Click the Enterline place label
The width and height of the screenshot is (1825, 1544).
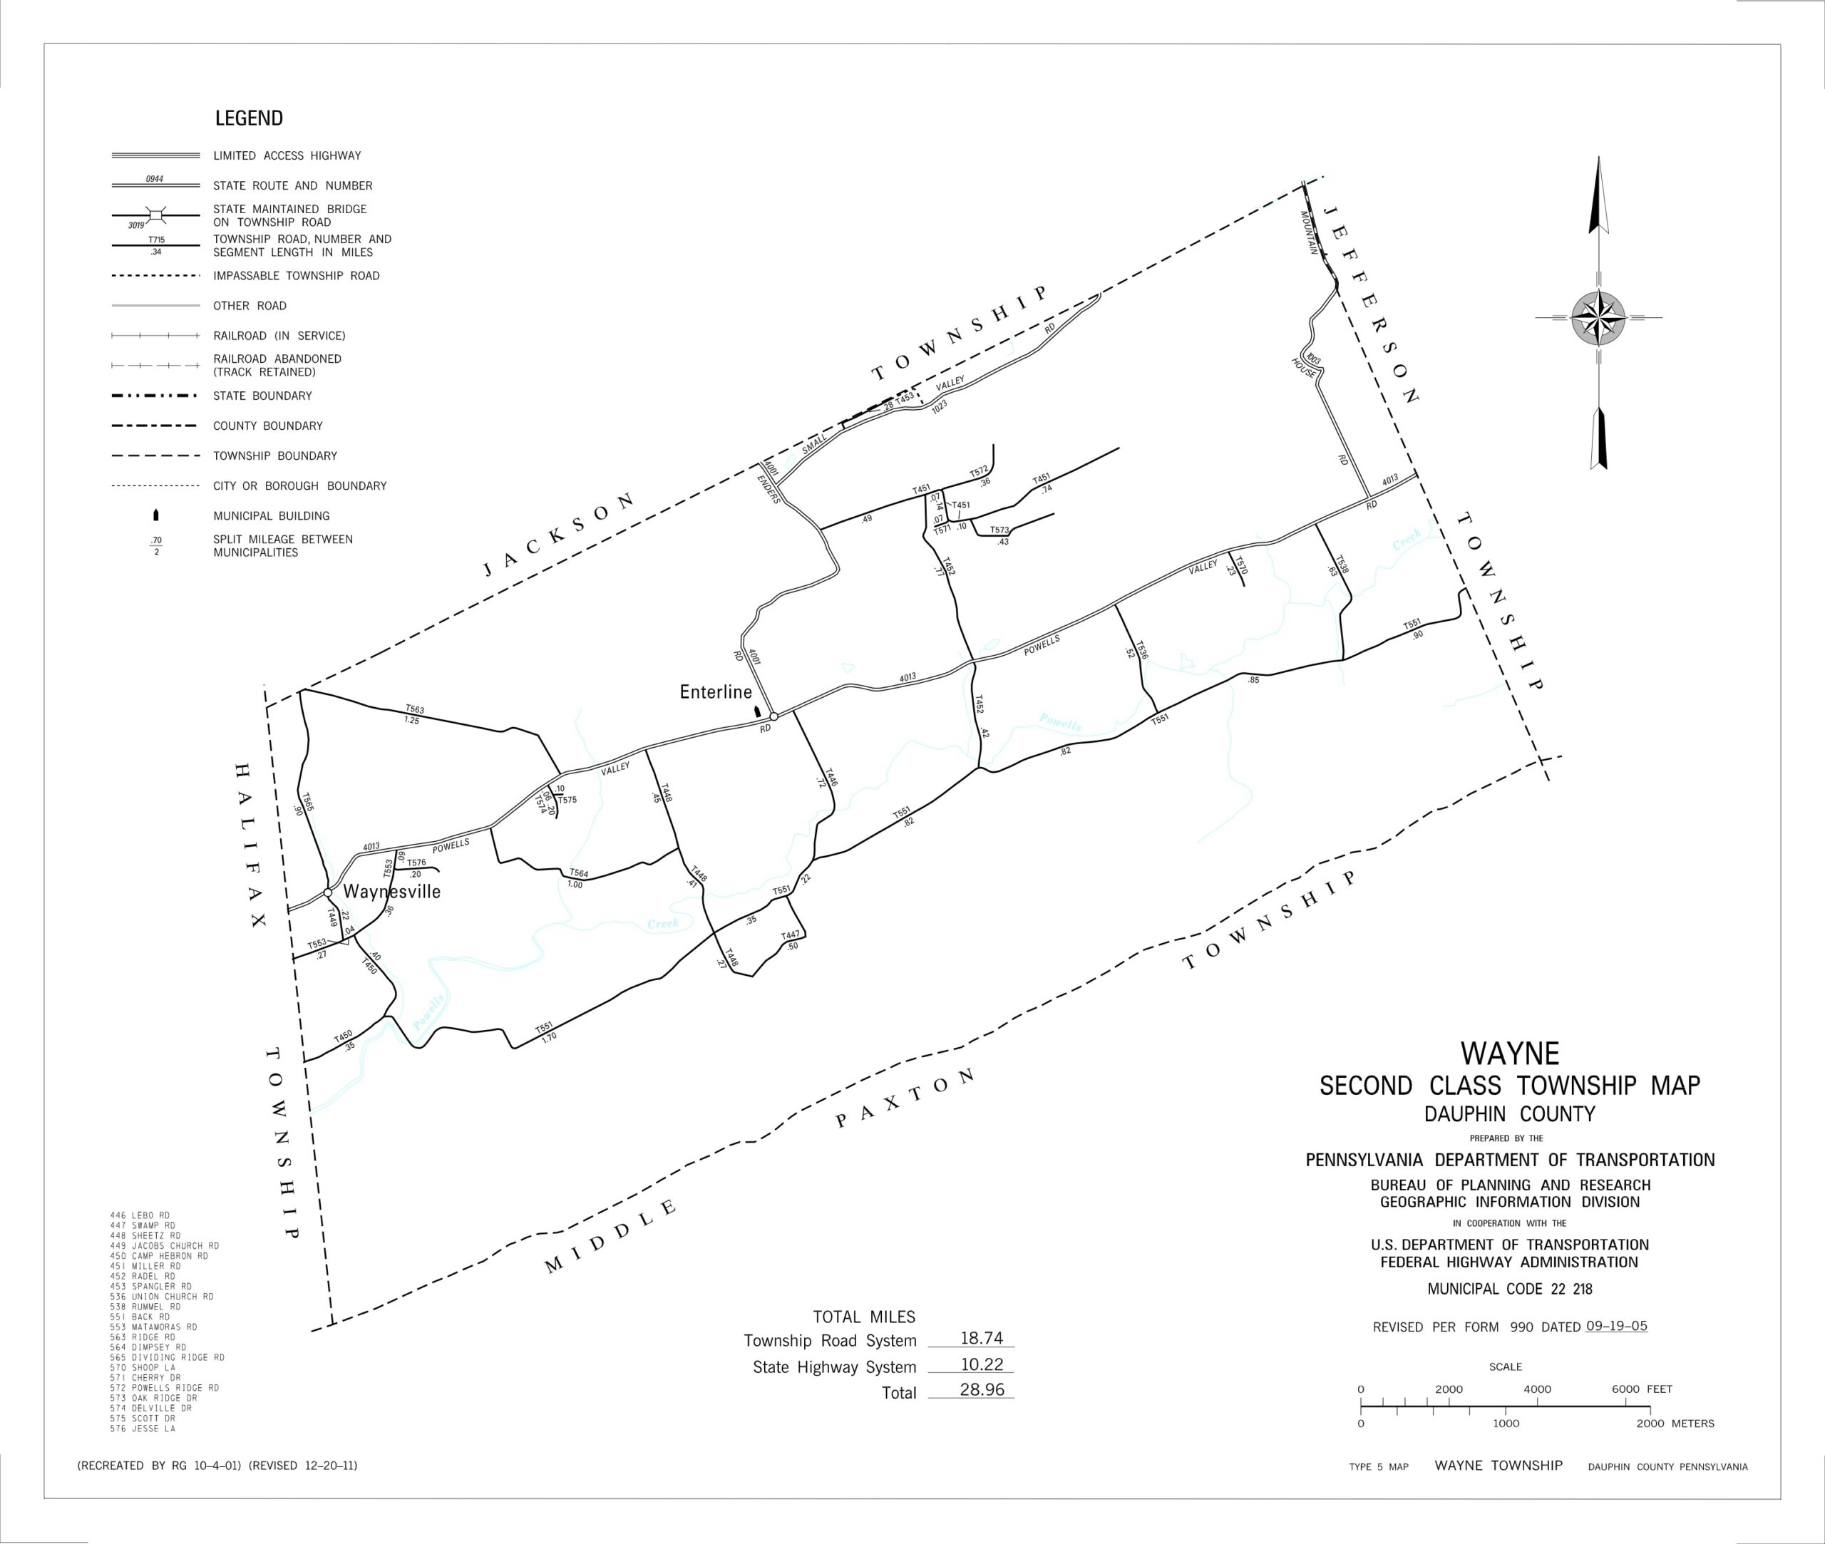pyautogui.click(x=715, y=692)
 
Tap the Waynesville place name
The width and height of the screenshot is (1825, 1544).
pyautogui.click(x=391, y=892)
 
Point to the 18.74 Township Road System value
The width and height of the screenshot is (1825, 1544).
pyautogui.click(x=981, y=1338)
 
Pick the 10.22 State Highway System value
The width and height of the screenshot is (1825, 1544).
pyautogui.click(x=981, y=1364)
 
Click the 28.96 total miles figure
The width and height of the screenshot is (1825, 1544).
pyautogui.click(x=981, y=1390)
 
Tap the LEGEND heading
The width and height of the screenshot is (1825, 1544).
pyautogui.click(x=249, y=118)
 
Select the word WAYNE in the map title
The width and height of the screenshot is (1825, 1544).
pyautogui.click(x=1510, y=1053)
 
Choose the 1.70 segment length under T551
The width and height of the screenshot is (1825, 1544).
pyautogui.click(x=549, y=1037)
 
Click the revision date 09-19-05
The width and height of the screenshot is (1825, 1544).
pyautogui.click(x=1616, y=1326)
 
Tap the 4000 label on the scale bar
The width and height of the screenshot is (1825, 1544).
pyautogui.click(x=1537, y=1389)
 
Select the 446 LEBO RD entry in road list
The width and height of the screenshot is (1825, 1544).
pyautogui.click(x=140, y=1216)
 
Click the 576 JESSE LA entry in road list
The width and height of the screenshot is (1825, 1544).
pyautogui.click(x=143, y=1429)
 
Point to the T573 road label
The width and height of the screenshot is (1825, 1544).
pyautogui.click(x=999, y=530)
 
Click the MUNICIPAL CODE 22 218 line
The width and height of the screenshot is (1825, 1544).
pyautogui.click(x=1510, y=1290)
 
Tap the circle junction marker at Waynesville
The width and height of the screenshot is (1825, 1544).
pyautogui.click(x=327, y=892)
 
